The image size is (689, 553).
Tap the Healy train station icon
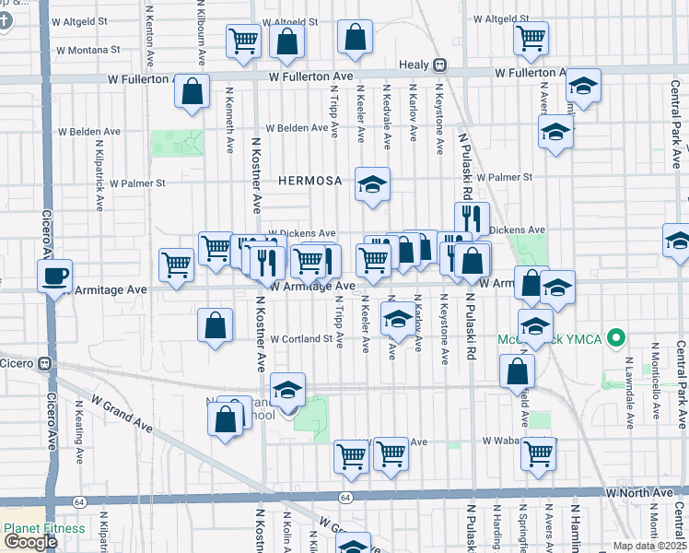click(440, 65)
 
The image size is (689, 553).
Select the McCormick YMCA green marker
click(618, 339)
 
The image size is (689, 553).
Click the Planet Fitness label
click(44, 529)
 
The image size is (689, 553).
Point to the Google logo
click(30, 542)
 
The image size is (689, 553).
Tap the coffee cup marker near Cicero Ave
click(55, 274)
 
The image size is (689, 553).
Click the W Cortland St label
click(300, 339)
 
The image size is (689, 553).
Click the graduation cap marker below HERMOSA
click(373, 184)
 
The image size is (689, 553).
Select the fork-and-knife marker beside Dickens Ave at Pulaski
click(471, 218)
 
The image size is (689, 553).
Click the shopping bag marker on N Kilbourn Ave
click(192, 91)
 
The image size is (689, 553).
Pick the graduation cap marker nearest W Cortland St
click(397, 319)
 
